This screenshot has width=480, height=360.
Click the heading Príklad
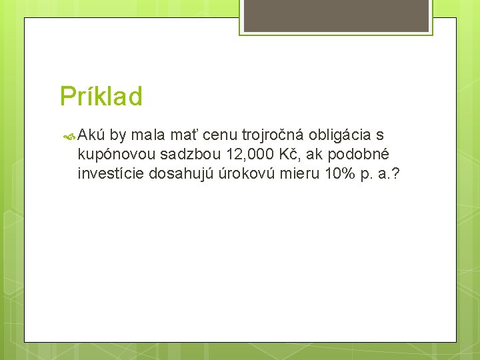[x=101, y=97]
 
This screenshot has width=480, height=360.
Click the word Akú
[x=92, y=135]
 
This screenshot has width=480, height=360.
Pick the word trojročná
[x=273, y=136]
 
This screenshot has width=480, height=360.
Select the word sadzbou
[x=191, y=155]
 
